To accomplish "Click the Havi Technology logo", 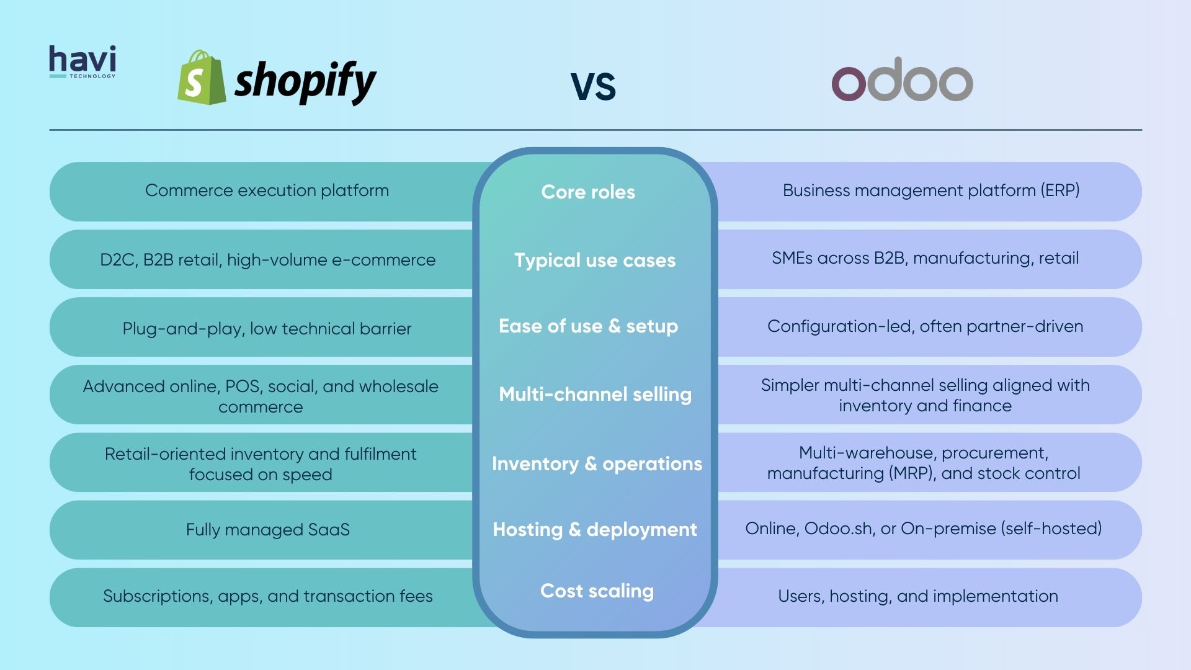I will [83, 62].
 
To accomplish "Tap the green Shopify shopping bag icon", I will [201, 78].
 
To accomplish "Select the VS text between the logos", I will [593, 86].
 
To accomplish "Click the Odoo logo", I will [902, 83].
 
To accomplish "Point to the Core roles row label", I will [588, 192].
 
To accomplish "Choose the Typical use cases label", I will [595, 260].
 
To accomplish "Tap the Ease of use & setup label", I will [588, 326].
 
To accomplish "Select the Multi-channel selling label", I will [595, 395].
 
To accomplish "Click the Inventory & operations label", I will [597, 464].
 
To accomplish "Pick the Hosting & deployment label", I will [595, 530].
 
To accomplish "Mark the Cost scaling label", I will [597, 591].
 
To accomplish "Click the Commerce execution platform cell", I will [267, 190].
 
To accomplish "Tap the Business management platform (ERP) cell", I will [930, 190].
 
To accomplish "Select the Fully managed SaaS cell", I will [267, 530].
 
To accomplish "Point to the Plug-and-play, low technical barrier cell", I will [267, 329].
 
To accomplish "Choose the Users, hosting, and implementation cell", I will [918, 596].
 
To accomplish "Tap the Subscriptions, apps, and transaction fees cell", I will [267, 596].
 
